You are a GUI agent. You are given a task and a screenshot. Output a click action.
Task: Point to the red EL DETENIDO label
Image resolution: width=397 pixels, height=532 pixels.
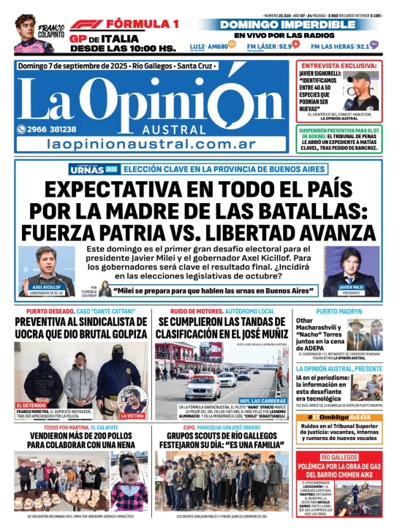[31, 403]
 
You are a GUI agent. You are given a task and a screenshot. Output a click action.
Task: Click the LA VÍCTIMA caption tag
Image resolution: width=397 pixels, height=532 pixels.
[133, 416]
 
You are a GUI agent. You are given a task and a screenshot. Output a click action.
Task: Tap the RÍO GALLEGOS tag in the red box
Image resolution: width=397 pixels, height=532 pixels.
[337, 456]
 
